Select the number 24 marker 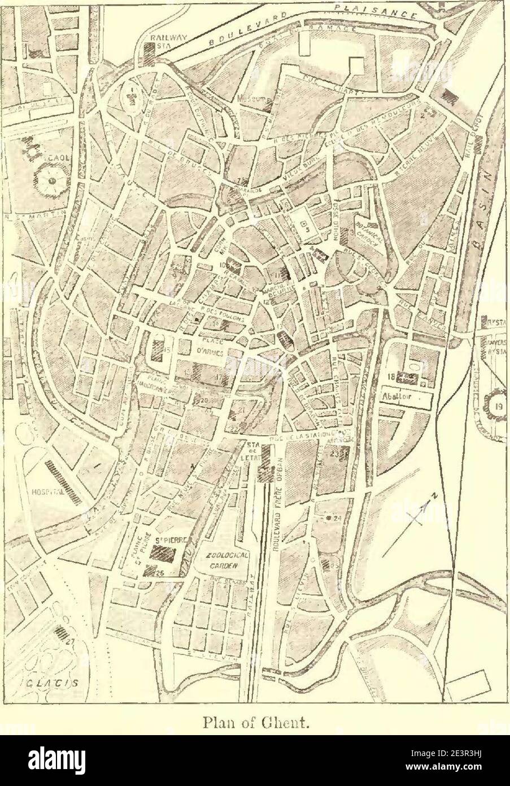[x=337, y=517]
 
